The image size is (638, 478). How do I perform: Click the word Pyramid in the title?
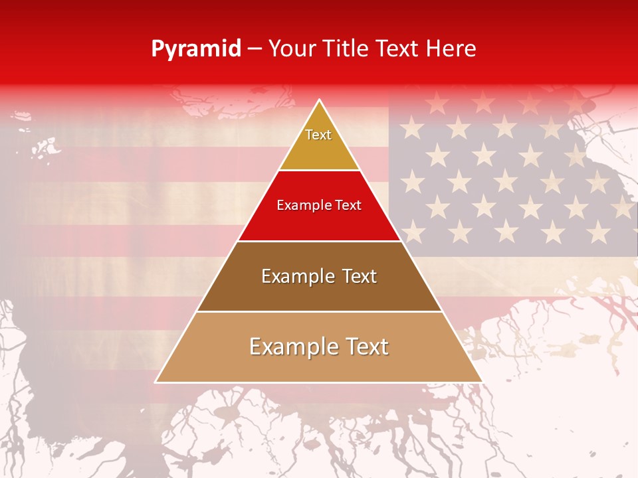[x=196, y=49]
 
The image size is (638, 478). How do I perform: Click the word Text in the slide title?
[x=397, y=48]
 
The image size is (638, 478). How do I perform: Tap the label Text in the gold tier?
[x=318, y=135]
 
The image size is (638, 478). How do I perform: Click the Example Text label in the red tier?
[x=319, y=205]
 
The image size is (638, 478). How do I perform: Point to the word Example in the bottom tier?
[x=290, y=347]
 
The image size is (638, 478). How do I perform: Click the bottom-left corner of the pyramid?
[x=156, y=382]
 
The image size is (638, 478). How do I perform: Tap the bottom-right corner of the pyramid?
[x=482, y=382]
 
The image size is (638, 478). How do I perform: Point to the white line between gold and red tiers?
[x=319, y=171]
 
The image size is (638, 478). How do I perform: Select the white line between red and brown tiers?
[x=319, y=241]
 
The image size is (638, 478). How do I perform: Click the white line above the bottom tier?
[x=319, y=311]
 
